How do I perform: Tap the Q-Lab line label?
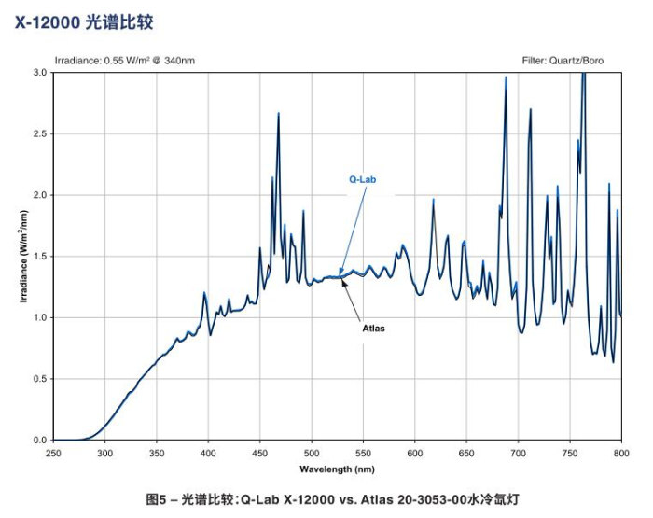[363, 179]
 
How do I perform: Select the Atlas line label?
[373, 329]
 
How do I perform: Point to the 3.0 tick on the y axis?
[40, 72]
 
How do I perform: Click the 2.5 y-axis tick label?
[40, 133]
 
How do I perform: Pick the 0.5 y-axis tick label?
[40, 378]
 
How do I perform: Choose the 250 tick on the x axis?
[53, 453]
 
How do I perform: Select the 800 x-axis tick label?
[621, 453]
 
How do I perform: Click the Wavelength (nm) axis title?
[337, 468]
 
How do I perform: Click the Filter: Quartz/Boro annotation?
[571, 61]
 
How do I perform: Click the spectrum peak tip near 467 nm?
[278, 114]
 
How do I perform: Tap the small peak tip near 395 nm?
[203, 293]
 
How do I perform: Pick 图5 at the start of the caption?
[156, 500]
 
